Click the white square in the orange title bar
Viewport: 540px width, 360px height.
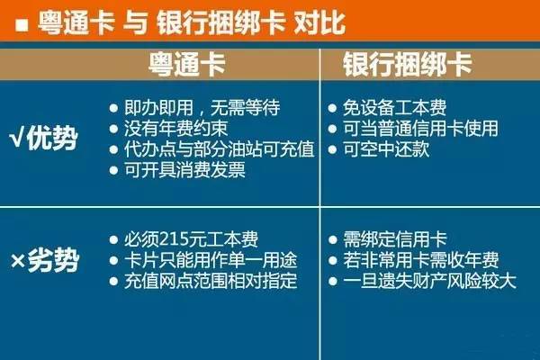pyautogui.click(x=22, y=25)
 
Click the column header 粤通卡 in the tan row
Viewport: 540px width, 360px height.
pyautogui.click(x=186, y=65)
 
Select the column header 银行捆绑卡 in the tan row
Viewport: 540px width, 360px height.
pyautogui.click(x=407, y=65)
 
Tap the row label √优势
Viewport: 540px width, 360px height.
pyautogui.click(x=42, y=139)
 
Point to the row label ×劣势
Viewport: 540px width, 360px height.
pyautogui.click(x=44, y=260)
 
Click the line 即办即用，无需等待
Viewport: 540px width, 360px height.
pyautogui.click(x=202, y=108)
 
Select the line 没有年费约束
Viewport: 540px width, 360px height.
pyautogui.click(x=176, y=129)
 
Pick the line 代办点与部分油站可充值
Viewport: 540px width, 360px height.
pyautogui.click(x=220, y=149)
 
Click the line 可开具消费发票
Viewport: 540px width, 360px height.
pyautogui.click(x=184, y=170)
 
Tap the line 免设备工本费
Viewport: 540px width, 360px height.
pyautogui.click(x=395, y=108)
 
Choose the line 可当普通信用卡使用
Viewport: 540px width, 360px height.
pyautogui.click(x=420, y=129)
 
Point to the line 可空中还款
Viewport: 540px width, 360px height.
pyautogui.click(x=386, y=149)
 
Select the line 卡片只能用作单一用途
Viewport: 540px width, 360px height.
pyautogui.click(x=211, y=260)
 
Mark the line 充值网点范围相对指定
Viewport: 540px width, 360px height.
pyautogui.click(x=211, y=281)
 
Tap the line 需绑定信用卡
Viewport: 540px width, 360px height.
pyautogui.click(x=395, y=239)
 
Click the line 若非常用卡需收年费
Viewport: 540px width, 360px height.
pyautogui.click(x=421, y=260)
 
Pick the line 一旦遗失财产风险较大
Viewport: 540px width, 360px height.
pyautogui.click(x=429, y=281)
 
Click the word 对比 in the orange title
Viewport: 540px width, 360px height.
pyautogui.click(x=319, y=23)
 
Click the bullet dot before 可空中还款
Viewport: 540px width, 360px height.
pyautogui.click(x=332, y=150)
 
